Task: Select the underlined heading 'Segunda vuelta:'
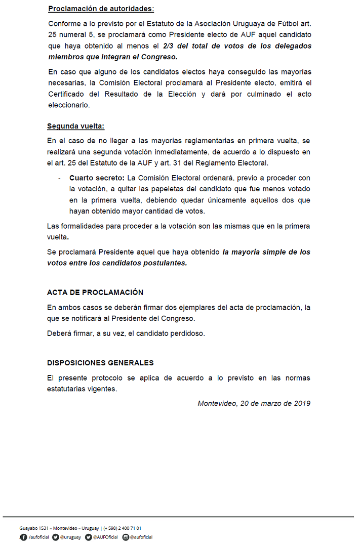(x=76, y=126)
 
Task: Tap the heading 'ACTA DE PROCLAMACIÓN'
(x=95, y=292)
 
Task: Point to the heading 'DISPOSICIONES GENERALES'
(x=100, y=363)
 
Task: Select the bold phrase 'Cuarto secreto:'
(x=97, y=178)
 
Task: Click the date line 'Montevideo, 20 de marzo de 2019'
(x=254, y=403)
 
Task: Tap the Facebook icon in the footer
(x=23, y=537)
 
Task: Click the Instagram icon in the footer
(x=126, y=537)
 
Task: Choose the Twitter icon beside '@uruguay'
(x=56, y=537)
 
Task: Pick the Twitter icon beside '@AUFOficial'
(x=89, y=537)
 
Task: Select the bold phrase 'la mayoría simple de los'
(x=266, y=252)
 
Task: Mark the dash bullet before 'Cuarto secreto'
(x=59, y=178)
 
